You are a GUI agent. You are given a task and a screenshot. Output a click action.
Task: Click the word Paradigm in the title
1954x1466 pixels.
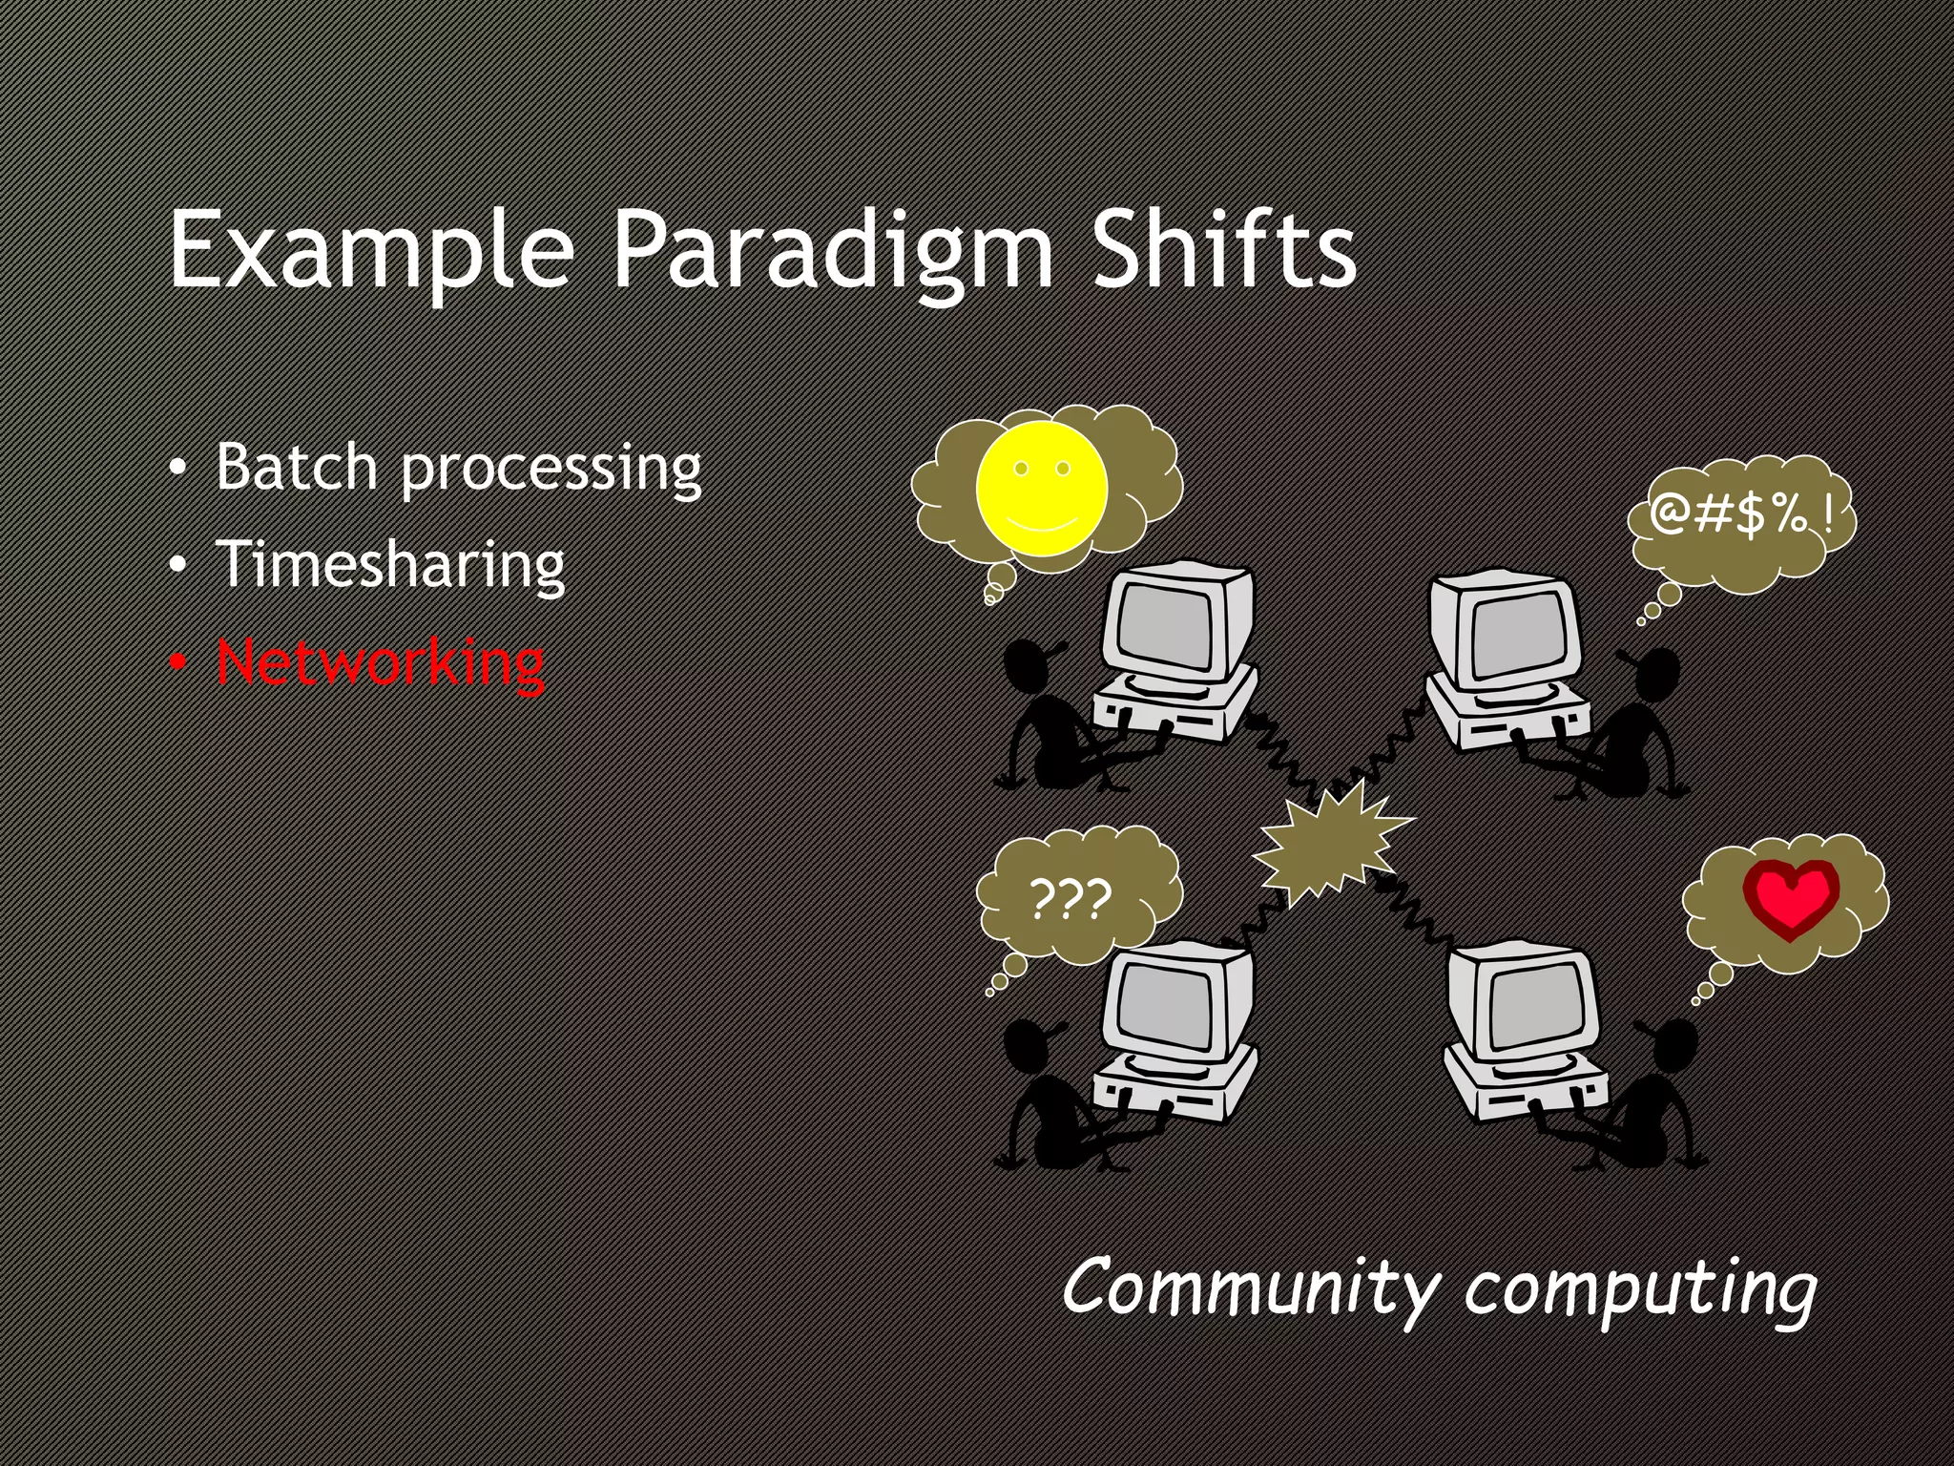coord(830,250)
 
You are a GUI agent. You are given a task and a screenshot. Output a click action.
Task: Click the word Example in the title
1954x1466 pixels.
coord(371,250)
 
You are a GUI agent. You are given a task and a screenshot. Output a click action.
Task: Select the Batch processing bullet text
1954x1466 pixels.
coord(458,468)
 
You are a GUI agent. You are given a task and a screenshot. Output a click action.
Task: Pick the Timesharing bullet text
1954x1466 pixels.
coord(390,565)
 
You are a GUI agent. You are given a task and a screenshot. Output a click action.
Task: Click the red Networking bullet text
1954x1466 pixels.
coord(381,662)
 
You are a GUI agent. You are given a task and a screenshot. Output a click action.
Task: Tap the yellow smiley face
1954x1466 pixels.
coord(1041,489)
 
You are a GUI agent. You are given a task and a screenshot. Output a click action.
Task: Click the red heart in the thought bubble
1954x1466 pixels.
coord(1791,897)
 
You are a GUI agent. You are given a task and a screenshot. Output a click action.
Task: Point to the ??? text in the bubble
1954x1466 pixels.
coord(1071,899)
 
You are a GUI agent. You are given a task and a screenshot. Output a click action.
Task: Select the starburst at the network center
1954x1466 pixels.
coord(1330,844)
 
